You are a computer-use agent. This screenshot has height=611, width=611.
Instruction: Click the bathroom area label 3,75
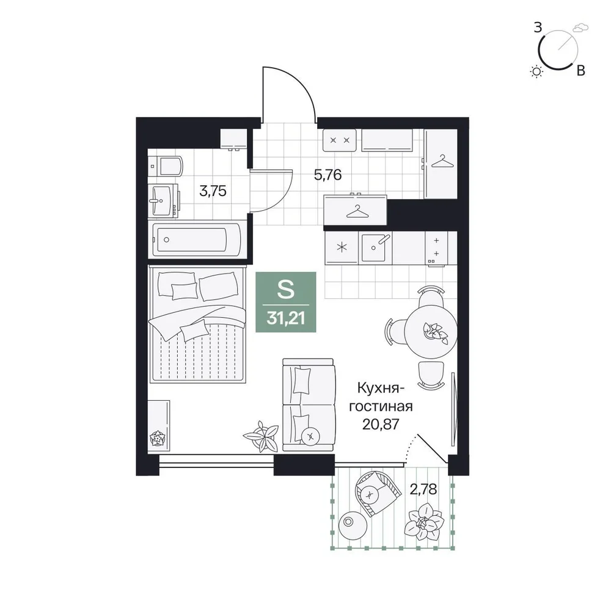click(x=213, y=191)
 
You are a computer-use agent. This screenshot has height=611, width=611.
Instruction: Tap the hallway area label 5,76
click(x=327, y=175)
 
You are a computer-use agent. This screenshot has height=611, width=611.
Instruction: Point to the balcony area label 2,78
click(x=423, y=489)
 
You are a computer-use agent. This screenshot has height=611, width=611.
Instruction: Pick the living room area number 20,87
click(x=381, y=423)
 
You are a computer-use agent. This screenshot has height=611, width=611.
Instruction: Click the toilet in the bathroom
click(x=166, y=166)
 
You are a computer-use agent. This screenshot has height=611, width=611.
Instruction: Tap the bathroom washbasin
click(x=164, y=200)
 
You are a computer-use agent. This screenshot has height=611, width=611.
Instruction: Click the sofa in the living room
click(x=309, y=405)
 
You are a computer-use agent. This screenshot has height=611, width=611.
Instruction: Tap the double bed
click(x=197, y=324)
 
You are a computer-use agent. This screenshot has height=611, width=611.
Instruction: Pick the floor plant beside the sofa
click(x=260, y=436)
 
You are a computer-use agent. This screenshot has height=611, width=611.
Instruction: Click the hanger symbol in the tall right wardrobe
click(x=442, y=161)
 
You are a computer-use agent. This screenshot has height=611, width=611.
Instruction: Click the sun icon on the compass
click(x=537, y=71)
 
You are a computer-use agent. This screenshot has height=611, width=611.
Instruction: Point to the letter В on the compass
click(x=580, y=71)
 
